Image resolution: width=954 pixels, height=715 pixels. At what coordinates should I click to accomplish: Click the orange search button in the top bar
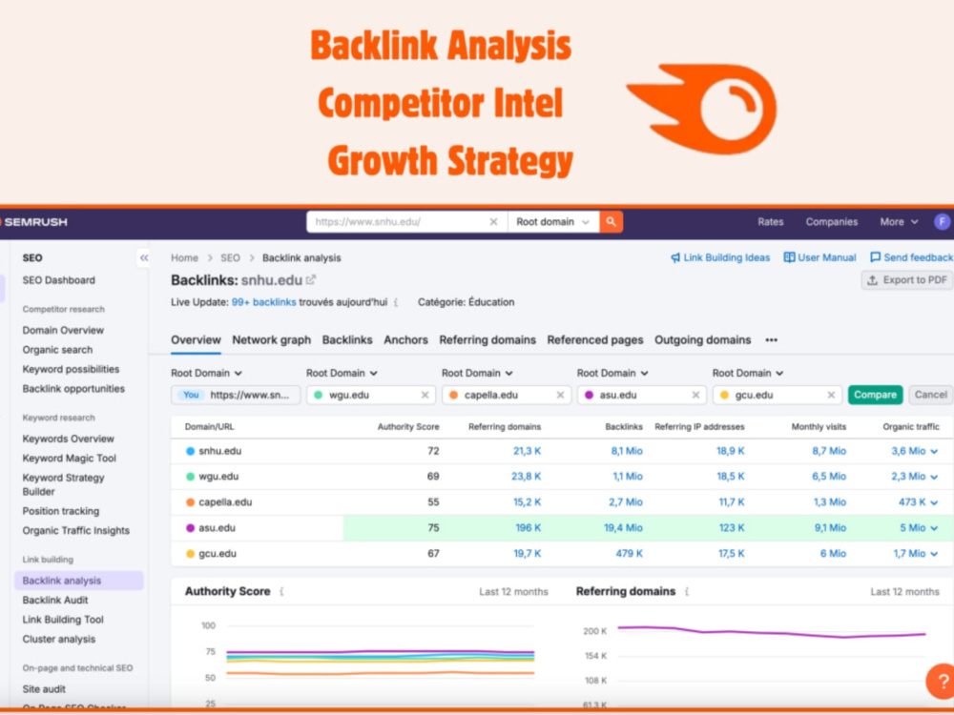pyautogui.click(x=611, y=222)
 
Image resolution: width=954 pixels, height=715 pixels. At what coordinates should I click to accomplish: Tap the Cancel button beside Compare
pyautogui.click(x=930, y=395)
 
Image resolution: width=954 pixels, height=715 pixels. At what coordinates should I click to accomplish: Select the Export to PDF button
pyautogui.click(x=906, y=280)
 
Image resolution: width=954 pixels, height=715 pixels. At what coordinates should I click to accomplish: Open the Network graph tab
pyautogui.click(x=271, y=340)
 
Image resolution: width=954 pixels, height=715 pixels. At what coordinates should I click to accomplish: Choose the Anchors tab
pyautogui.click(x=405, y=340)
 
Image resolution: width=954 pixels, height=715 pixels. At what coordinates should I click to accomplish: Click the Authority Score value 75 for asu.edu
pyautogui.click(x=433, y=528)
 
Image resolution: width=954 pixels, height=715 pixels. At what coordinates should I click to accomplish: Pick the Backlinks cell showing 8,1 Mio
pyautogui.click(x=627, y=451)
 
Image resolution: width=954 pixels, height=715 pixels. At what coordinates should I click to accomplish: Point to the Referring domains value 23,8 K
pyautogui.click(x=527, y=477)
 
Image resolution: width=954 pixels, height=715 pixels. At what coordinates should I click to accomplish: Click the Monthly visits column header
pyautogui.click(x=819, y=427)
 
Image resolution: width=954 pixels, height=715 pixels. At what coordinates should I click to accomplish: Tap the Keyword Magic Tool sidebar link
pyautogui.click(x=70, y=459)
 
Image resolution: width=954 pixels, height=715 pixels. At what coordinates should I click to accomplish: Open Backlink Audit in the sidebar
pyautogui.click(x=55, y=600)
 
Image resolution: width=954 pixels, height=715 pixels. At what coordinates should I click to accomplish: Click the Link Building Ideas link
pyautogui.click(x=720, y=257)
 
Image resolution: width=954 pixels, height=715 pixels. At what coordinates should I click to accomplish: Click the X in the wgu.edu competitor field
pyautogui.click(x=425, y=396)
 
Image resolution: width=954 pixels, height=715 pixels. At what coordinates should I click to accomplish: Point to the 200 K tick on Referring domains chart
pyautogui.click(x=595, y=631)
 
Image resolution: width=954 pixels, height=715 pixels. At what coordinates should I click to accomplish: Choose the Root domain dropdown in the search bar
pyautogui.click(x=552, y=222)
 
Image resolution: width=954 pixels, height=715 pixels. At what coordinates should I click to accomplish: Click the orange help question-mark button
pyautogui.click(x=941, y=681)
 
